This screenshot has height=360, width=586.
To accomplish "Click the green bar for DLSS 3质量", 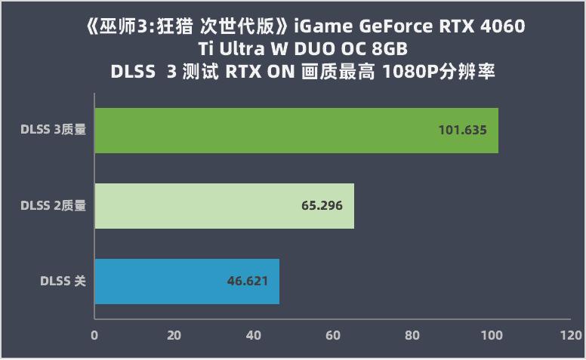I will [x=296, y=131].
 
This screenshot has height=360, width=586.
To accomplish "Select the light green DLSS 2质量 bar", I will [x=224, y=205].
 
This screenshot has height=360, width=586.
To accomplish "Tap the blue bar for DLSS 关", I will [x=187, y=281].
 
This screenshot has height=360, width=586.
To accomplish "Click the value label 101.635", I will [x=462, y=131].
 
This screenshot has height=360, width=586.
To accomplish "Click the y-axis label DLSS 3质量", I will [x=53, y=130].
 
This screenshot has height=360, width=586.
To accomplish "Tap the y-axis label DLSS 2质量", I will [x=53, y=205].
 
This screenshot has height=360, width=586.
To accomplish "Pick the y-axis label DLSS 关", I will [x=63, y=281].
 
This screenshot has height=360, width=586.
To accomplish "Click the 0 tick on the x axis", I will [x=94, y=335].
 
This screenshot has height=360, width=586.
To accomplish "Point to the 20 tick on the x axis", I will [x=174, y=335].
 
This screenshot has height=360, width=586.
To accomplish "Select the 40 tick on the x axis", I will [x=253, y=335].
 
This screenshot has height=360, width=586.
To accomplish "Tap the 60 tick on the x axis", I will [x=333, y=335].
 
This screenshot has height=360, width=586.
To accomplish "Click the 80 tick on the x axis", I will [x=412, y=335].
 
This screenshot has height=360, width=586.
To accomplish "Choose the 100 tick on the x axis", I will [x=492, y=335].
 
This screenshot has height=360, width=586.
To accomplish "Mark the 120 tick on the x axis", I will [x=571, y=335].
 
